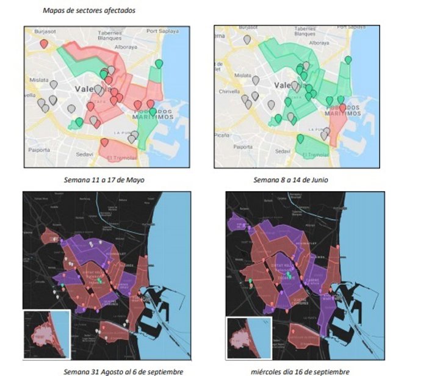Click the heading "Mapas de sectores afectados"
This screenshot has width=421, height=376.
90,11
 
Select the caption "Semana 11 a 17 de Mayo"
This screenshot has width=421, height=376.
104,180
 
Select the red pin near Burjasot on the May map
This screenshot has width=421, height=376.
44,44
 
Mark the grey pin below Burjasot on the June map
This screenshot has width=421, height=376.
246,40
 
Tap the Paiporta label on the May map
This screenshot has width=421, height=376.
38,148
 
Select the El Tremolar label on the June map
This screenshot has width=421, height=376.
311,156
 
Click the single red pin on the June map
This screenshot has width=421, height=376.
342,108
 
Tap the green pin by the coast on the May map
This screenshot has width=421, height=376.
159,63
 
